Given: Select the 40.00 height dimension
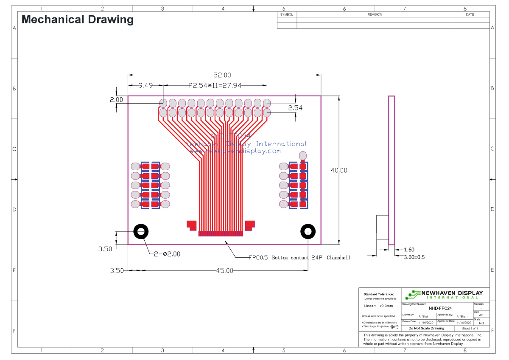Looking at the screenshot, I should (339, 170).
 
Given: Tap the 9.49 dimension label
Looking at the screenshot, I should (145, 85).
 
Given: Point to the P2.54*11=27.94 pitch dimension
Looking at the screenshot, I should (215, 85).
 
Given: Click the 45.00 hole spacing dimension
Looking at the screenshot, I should (224, 270).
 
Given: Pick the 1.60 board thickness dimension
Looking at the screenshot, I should (409, 250).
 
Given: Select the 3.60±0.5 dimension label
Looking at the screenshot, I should (414, 257).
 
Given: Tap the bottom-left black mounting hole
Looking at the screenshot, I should (141, 232).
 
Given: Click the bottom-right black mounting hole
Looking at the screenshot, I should (308, 232).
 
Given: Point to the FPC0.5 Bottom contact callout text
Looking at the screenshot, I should (299, 258).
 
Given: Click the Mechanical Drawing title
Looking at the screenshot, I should (78, 20).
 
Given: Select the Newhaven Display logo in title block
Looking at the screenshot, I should (444, 294).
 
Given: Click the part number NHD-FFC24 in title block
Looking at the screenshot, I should (440, 309).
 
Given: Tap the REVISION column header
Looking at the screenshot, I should (375, 14).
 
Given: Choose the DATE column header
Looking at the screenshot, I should (470, 14).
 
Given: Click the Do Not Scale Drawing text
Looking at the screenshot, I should (426, 328).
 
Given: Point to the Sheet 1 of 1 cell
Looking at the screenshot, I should (470, 328).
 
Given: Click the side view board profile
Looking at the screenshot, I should (392, 170).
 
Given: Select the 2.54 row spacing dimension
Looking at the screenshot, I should (295, 108).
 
